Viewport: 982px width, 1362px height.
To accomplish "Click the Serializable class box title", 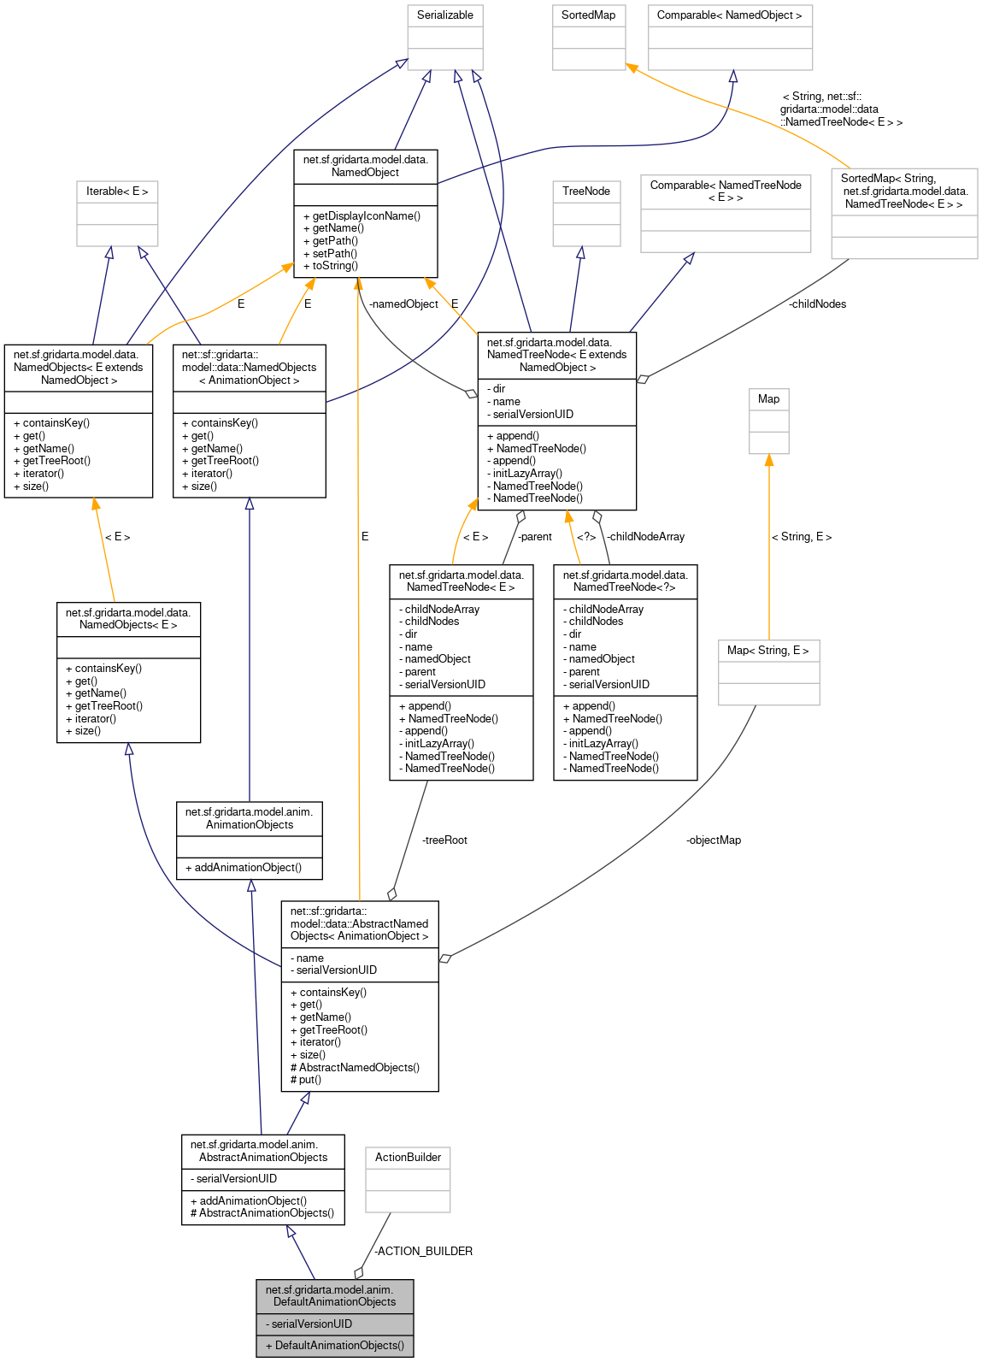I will point(444,15).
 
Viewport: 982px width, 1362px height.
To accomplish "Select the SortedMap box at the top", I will point(588,15).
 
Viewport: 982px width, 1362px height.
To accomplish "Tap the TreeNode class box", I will point(586,192).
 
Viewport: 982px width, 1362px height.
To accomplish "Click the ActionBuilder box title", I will point(408,1158).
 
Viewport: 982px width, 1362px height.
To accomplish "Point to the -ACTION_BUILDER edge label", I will point(423,1252).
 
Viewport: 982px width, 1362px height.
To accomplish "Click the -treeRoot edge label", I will point(444,840).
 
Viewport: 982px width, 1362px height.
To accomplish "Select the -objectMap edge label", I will point(713,840).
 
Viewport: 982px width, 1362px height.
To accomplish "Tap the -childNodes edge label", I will point(817,304).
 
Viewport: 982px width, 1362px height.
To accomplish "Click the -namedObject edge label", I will point(403,304).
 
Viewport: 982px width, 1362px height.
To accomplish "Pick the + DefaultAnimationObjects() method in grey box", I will point(334,1346).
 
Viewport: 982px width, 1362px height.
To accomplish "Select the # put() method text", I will point(306,1080).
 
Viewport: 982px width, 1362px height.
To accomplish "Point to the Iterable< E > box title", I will point(117,192).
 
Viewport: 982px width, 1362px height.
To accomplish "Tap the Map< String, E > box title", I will point(767,651).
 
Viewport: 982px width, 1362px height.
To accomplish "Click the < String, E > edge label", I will point(801,537).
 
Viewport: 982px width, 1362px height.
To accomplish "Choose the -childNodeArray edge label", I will point(645,537).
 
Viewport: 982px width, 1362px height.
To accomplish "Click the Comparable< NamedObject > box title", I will point(729,15).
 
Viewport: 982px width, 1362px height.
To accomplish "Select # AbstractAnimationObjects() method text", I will point(262,1213).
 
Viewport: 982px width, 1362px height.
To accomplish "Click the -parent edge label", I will point(535,537).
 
